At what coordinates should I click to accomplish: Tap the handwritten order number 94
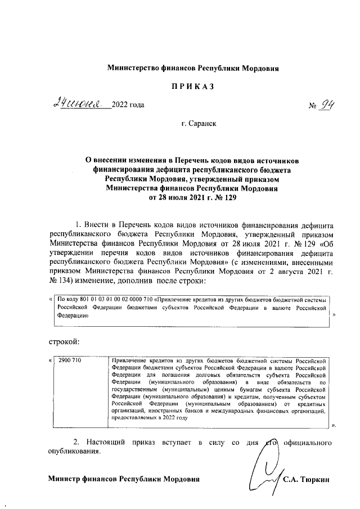322,104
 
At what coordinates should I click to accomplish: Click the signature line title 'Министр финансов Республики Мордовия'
123,479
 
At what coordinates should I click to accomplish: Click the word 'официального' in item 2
309,442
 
